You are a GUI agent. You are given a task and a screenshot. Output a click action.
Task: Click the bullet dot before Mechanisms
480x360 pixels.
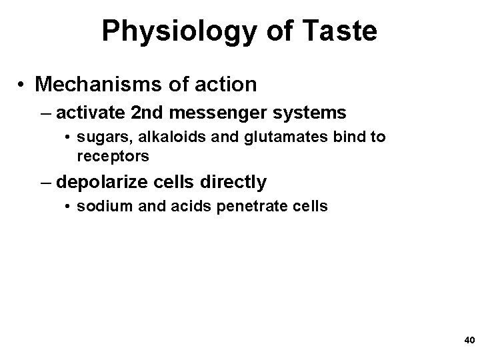(22, 85)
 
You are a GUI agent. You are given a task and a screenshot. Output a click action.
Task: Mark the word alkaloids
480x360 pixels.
(157, 137)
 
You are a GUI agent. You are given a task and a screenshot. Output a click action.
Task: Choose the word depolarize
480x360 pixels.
(103, 181)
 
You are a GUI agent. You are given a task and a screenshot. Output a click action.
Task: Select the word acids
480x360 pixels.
(173, 206)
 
